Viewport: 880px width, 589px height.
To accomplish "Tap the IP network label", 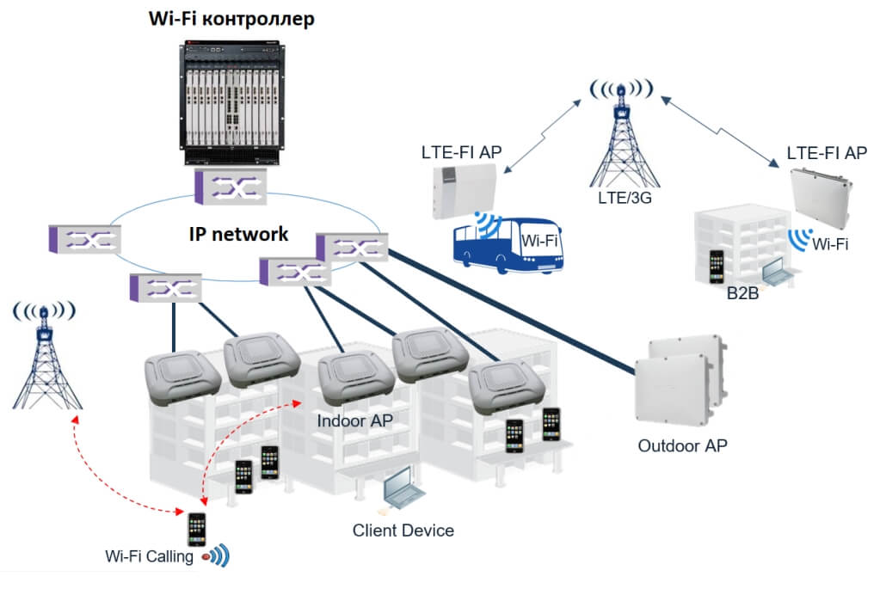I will click(239, 234).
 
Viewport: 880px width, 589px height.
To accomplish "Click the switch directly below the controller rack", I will click(228, 187).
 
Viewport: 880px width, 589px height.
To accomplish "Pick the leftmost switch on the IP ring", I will click(84, 240).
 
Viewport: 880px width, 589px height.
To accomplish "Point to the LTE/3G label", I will click(620, 199).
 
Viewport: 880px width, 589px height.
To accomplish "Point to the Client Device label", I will click(403, 530).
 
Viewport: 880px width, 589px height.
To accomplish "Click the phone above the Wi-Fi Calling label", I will click(197, 530).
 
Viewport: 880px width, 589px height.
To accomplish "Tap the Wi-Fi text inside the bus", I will click(540, 242).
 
